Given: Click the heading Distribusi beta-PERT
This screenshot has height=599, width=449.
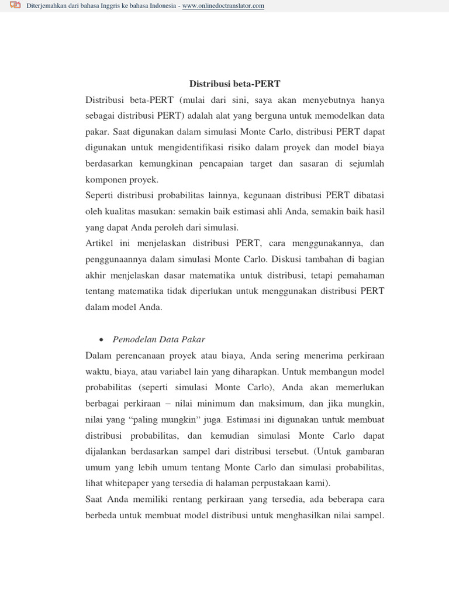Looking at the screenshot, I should tap(234, 84).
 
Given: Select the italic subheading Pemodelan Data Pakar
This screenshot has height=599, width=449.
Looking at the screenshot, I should tap(159, 340).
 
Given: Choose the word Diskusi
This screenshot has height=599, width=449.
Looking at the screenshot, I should tap(288, 259).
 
